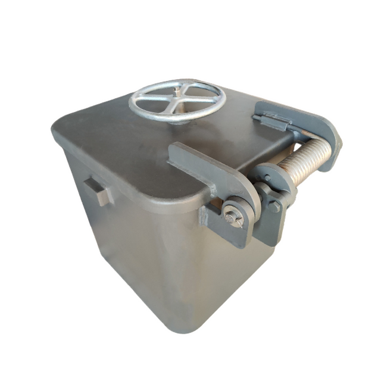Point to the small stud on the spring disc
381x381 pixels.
[x=267, y=177]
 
